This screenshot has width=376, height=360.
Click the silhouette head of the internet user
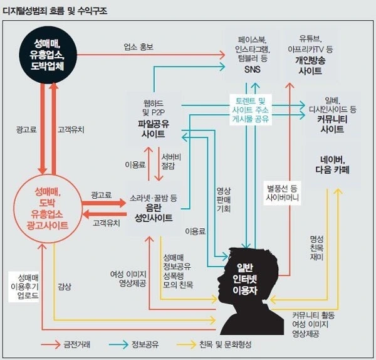(251, 276)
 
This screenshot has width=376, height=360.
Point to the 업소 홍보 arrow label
(138, 46)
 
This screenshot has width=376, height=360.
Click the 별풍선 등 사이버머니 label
(283, 192)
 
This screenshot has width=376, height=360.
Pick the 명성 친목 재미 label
(316, 248)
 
